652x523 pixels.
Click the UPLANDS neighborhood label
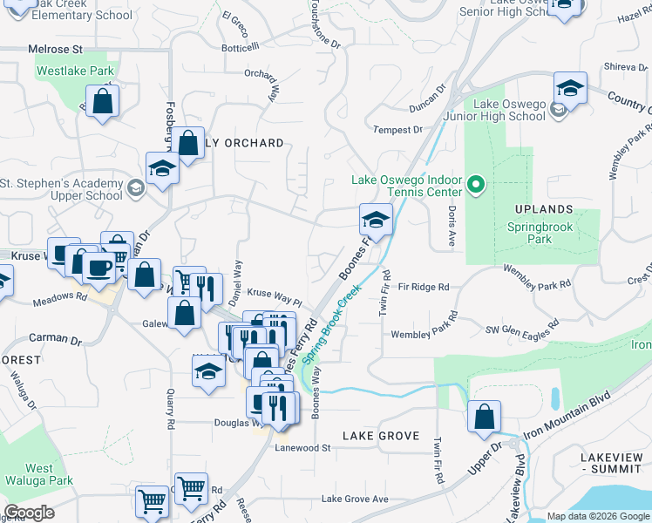pos(544,209)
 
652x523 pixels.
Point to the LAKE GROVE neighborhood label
pos(381,435)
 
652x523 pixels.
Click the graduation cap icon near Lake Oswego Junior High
pos(570,88)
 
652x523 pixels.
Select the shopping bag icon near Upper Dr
pos(484,417)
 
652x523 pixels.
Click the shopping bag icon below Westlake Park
pos(103,100)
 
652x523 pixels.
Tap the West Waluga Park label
pos(38,474)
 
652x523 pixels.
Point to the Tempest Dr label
pos(397,130)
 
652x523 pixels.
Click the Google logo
pos(28,513)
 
